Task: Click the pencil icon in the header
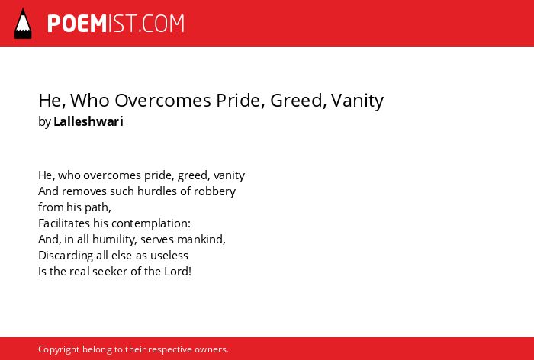pyautogui.click(x=23, y=24)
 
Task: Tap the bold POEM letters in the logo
pyautogui.click(x=77, y=24)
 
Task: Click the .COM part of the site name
pyautogui.click(x=162, y=24)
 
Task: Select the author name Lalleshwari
pyautogui.click(x=88, y=121)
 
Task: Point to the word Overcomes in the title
pyautogui.click(x=162, y=101)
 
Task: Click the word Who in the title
pyautogui.click(x=90, y=101)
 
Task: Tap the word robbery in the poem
pyautogui.click(x=214, y=191)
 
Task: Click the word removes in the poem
pyautogui.click(x=85, y=191)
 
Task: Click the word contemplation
pyautogui.click(x=151, y=223)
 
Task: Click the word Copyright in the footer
pyautogui.click(x=59, y=349)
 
